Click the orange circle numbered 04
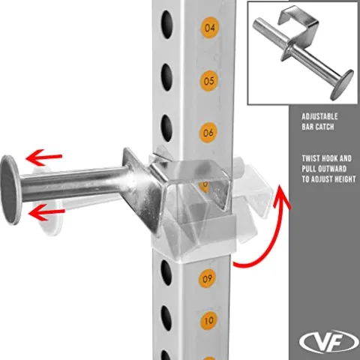[x=210, y=28]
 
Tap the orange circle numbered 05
[x=209, y=81]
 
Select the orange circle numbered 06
[x=208, y=133]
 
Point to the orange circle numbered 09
[x=207, y=278]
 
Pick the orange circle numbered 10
[x=209, y=320]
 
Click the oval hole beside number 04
[x=167, y=25]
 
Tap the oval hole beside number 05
[x=166, y=77]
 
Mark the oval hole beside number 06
[x=166, y=128]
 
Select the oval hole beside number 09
[x=166, y=272]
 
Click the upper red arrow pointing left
[x=44, y=157]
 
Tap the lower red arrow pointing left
[x=46, y=212]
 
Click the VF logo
[x=329, y=341]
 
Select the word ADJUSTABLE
[x=319, y=116]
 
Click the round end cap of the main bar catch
[x=10, y=190]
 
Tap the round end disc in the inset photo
[x=341, y=85]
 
